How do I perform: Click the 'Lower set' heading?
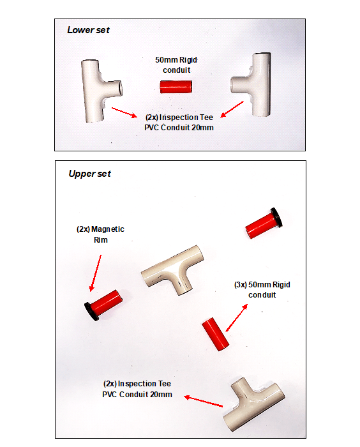pos(88,30)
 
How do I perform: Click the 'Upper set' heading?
pos(89,174)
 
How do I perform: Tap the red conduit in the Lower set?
pos(176,87)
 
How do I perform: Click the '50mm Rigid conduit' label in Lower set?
pos(176,65)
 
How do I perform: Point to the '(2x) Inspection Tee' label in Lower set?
pos(179,123)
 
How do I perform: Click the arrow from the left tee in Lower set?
pos(124,112)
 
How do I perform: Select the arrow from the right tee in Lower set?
pos(232,109)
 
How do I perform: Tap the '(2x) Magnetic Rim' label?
pos(100,234)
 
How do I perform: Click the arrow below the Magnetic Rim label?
pos(95,273)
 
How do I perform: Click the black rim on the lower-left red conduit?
pos(91,312)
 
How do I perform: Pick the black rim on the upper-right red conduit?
pos(276,217)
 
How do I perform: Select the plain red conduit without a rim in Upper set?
pos(215,334)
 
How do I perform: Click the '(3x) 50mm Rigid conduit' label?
pos(262,290)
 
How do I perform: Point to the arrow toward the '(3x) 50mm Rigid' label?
pos(237,318)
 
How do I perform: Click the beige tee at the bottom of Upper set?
pos(253,405)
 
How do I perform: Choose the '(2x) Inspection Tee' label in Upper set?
pos(137,389)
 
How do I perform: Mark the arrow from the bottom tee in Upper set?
pos(203,401)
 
